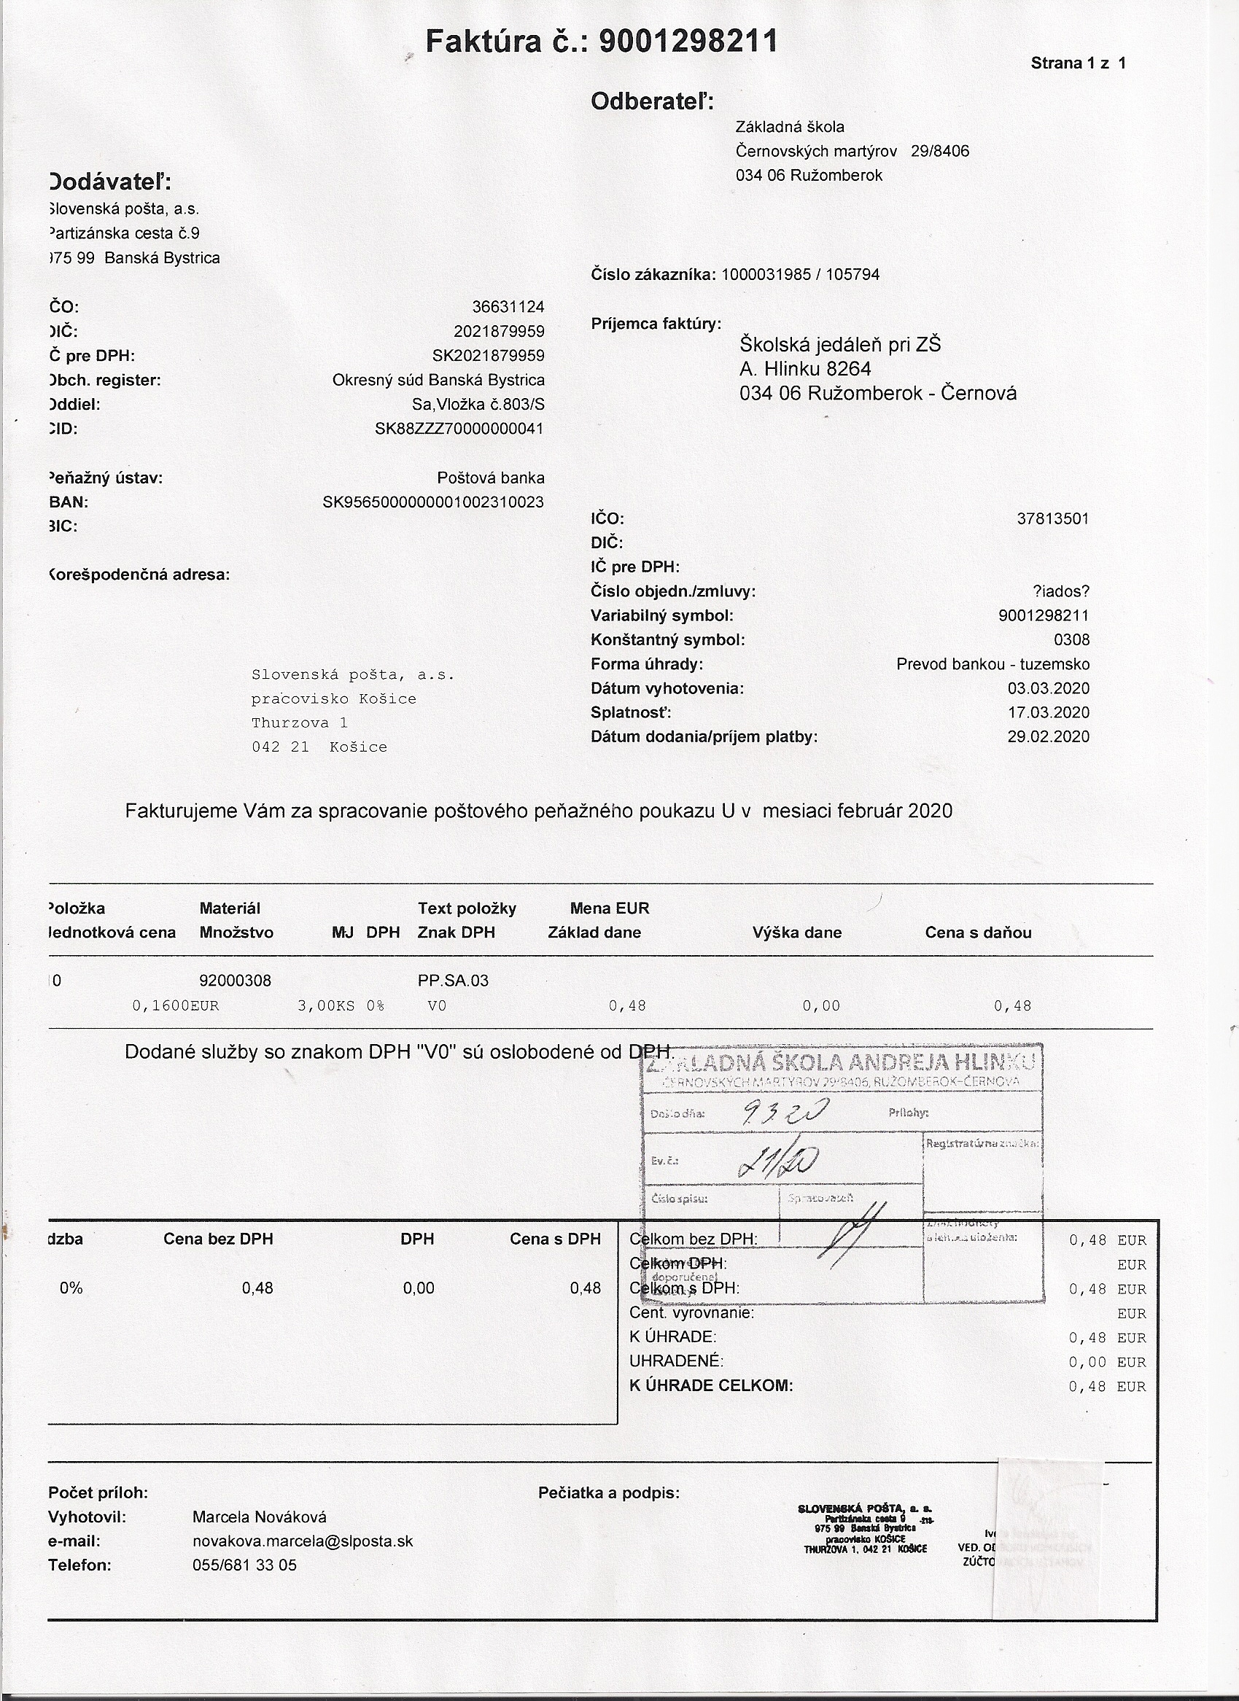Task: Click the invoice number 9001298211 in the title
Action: (688, 42)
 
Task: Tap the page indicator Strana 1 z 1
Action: (1078, 63)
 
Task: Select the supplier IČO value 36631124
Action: (508, 307)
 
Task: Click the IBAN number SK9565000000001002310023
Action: (432, 502)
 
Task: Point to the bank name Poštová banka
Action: (491, 478)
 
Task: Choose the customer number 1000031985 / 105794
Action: (800, 274)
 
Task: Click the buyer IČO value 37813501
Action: (1052, 518)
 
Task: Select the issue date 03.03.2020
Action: (1049, 688)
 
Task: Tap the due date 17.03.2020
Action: (1049, 712)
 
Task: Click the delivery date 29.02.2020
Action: (1049, 736)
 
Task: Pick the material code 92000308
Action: (236, 980)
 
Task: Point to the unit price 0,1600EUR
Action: (176, 1005)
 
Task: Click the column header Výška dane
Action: (796, 933)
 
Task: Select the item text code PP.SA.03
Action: (452, 980)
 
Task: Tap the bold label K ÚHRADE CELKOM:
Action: (711, 1385)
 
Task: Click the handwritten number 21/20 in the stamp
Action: (778, 1161)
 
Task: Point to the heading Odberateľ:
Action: (652, 101)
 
